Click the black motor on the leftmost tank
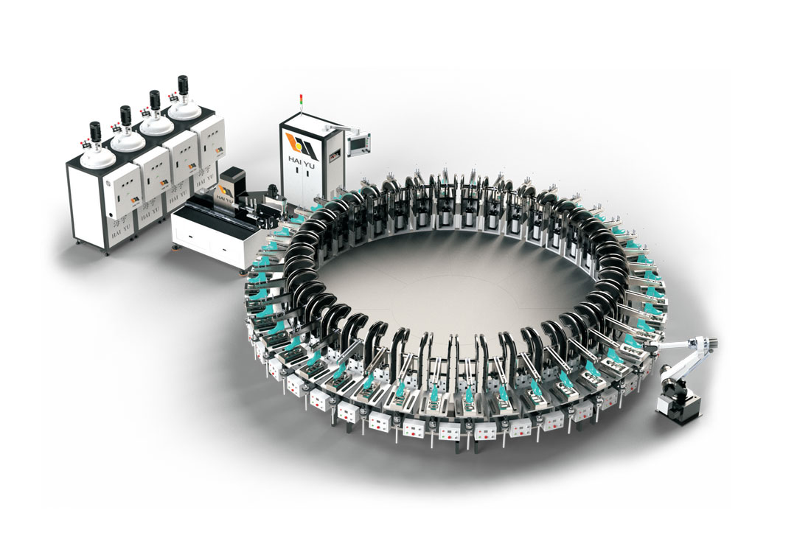click(x=94, y=133)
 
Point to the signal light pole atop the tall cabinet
click(x=300, y=104)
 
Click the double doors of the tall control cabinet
click(x=299, y=188)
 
